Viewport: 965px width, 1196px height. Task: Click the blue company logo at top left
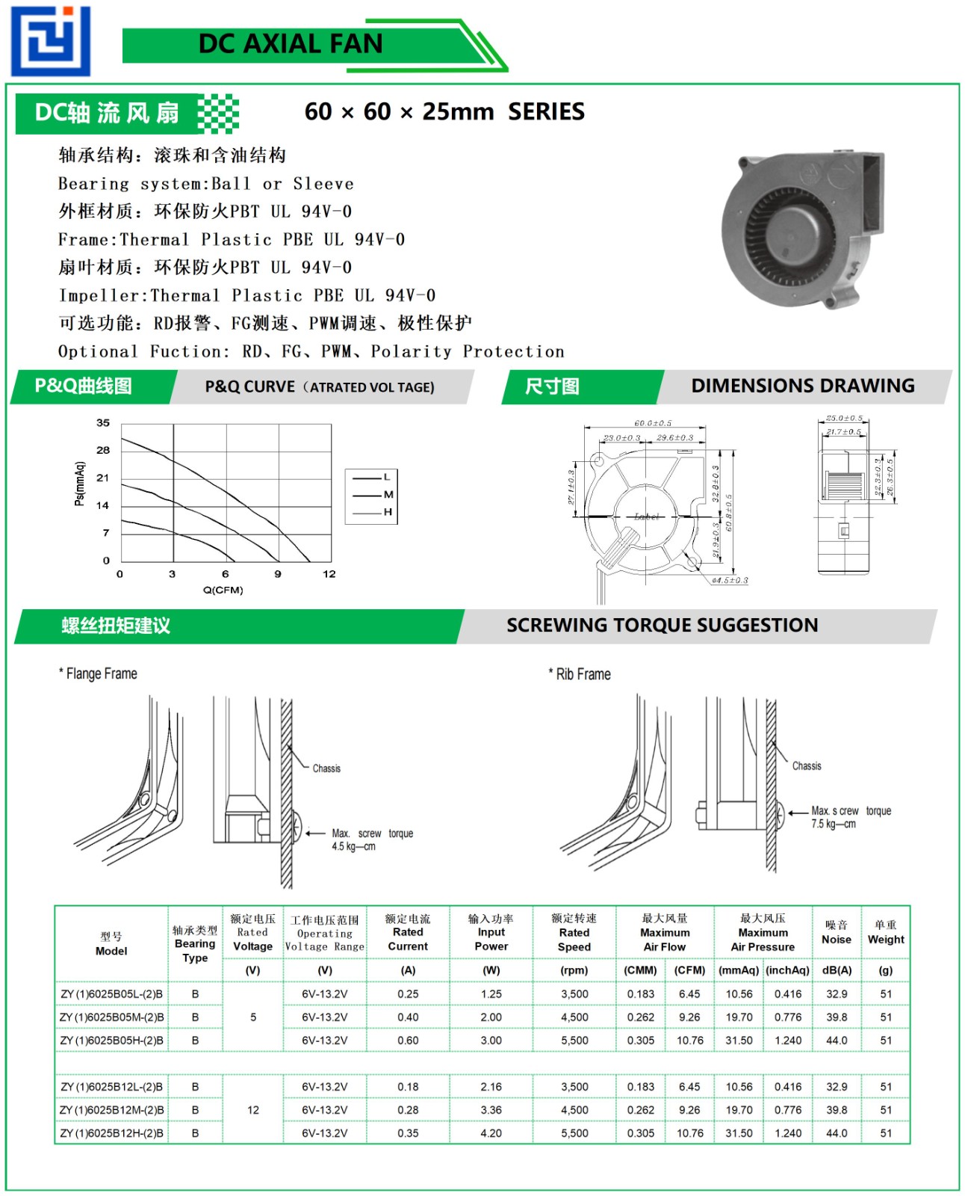pyautogui.click(x=50, y=41)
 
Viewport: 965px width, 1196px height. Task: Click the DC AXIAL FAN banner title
pyautogui.click(x=290, y=44)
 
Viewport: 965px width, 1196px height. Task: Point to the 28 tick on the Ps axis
pyautogui.click(x=103, y=450)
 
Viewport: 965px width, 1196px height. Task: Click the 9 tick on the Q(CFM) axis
pyautogui.click(x=278, y=574)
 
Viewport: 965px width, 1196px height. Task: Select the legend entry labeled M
pyautogui.click(x=388, y=494)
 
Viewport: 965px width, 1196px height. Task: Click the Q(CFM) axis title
pyautogui.click(x=223, y=590)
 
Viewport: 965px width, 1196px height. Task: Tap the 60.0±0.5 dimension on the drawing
pyautogui.click(x=653, y=423)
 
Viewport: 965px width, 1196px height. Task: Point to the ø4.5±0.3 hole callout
pyautogui.click(x=730, y=580)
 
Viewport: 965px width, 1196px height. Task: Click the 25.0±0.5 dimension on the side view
pyautogui.click(x=844, y=419)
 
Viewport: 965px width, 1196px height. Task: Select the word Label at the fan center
pyautogui.click(x=647, y=517)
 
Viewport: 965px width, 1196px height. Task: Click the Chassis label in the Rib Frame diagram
pyautogui.click(x=807, y=766)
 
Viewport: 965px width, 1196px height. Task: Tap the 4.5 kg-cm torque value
pyautogui.click(x=353, y=847)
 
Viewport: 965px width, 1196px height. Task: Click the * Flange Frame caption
pyautogui.click(x=98, y=673)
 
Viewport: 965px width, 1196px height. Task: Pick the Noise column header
pyautogui.click(x=837, y=940)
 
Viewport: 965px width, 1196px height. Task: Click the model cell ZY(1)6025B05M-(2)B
pyautogui.click(x=112, y=1017)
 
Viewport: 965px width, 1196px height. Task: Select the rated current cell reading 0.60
pyautogui.click(x=408, y=1041)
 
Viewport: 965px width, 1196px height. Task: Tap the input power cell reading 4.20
pyautogui.click(x=491, y=1133)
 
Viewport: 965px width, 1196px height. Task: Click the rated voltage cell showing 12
pyautogui.click(x=253, y=1110)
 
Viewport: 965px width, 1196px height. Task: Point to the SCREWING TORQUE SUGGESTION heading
pyautogui.click(x=662, y=625)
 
